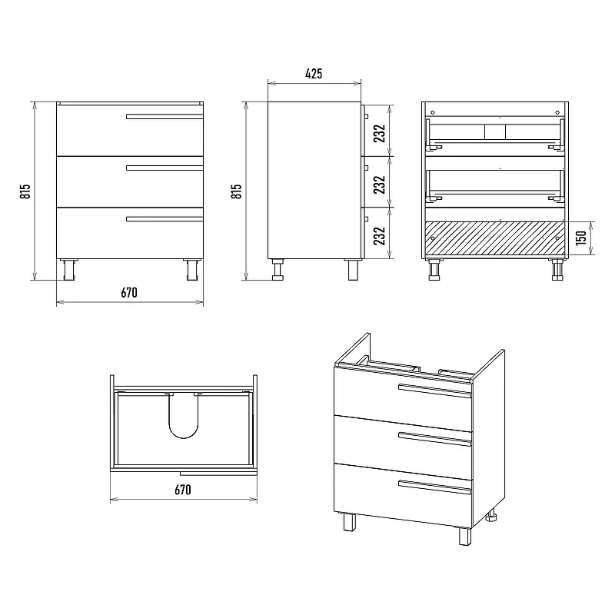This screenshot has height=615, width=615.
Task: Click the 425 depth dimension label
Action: point(314,73)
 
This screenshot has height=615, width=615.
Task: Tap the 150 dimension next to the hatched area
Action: point(581,238)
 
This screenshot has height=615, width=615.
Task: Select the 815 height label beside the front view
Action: point(25,191)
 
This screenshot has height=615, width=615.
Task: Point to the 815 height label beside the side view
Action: point(236,191)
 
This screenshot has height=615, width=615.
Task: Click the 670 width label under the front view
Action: point(129,293)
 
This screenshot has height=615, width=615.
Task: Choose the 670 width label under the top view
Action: point(183,490)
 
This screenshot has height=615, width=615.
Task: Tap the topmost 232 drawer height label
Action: point(379,133)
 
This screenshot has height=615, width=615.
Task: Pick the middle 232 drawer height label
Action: point(379,184)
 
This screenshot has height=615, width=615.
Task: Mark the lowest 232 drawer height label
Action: point(379,236)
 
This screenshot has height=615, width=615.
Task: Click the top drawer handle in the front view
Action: point(165,117)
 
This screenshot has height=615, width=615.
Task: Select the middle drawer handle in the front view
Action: point(165,168)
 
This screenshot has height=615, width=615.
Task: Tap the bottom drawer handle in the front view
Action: point(165,219)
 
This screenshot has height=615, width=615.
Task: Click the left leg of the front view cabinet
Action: point(69,270)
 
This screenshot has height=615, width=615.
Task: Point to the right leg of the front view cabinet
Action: point(192,270)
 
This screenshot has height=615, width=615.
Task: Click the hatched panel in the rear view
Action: point(495,238)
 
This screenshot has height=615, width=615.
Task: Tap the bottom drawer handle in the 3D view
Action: point(434,487)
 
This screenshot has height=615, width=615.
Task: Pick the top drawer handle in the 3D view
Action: point(434,391)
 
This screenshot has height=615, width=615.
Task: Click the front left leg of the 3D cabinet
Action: point(349,522)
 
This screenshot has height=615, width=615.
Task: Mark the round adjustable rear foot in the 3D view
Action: point(491,516)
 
